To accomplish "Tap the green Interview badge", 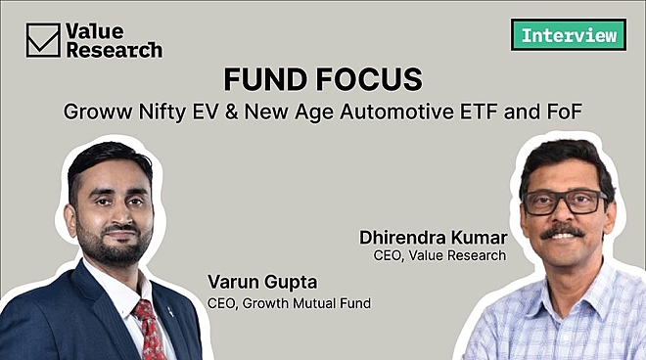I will (x=568, y=34).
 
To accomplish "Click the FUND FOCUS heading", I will (x=323, y=77).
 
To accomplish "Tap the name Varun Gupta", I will (x=256, y=283).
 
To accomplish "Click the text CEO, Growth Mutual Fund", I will (x=290, y=303).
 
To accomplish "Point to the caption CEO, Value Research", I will (x=439, y=255).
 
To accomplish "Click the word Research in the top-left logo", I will (x=115, y=50).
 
